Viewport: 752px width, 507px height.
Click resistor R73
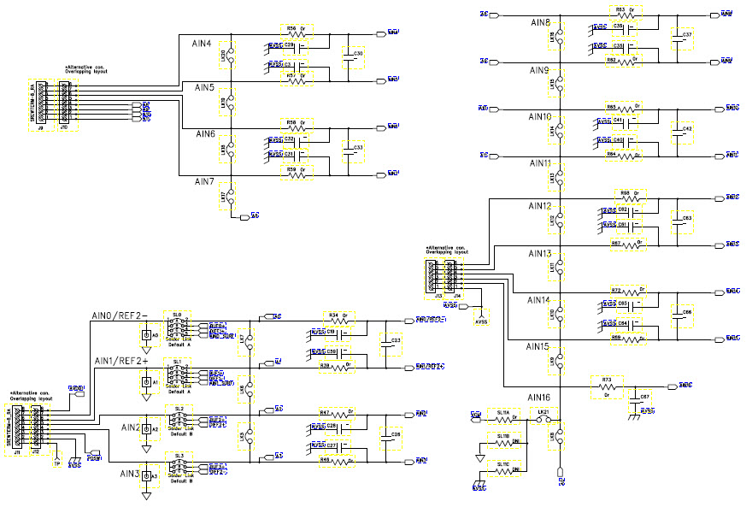click(x=607, y=386)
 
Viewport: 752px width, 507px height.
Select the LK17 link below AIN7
click(x=225, y=197)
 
